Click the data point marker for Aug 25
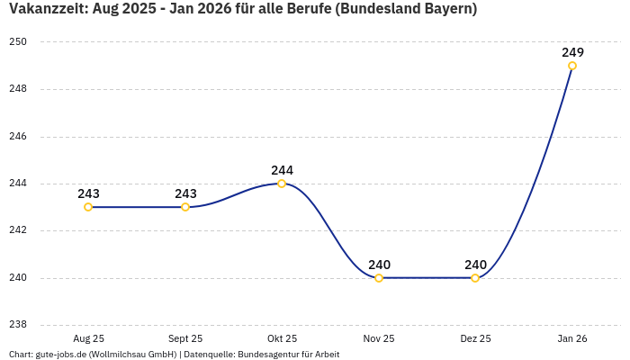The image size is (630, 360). (88, 207)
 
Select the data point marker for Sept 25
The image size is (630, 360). (185, 207)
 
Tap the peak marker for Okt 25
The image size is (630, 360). (282, 184)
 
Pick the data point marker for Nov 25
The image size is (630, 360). (379, 278)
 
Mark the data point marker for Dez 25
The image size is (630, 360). (475, 278)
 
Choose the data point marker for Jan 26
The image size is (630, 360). (572, 66)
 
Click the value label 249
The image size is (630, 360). (572, 52)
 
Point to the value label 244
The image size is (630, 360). (282, 170)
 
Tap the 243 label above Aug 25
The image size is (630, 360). (88, 193)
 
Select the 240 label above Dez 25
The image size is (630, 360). (475, 265)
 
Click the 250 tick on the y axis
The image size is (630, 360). (19, 42)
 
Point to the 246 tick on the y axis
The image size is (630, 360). (19, 137)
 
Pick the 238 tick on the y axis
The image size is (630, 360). (19, 325)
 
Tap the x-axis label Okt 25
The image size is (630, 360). (282, 338)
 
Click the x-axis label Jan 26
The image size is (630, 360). (572, 338)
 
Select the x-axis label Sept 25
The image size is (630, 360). (185, 338)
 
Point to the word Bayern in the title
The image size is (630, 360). (447, 9)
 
